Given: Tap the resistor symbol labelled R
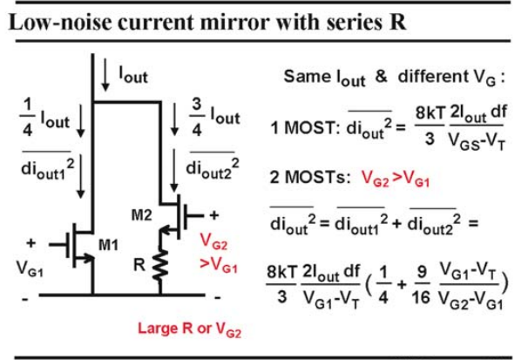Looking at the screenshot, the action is coord(160,264).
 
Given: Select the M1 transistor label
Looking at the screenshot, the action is coord(108,245).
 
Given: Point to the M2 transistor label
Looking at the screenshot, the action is coord(141,214).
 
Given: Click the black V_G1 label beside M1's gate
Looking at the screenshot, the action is coord(30,269).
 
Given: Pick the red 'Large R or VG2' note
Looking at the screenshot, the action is coord(190,329).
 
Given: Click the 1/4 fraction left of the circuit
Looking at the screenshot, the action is coord(27,118).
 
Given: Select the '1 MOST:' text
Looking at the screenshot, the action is coord(306,128).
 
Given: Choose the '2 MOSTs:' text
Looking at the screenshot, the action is coord(310,178).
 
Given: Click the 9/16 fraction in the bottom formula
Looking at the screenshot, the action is coord(421,285).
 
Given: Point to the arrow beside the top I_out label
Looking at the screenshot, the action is coord(105,75).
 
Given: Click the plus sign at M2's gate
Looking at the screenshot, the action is coord(214,215).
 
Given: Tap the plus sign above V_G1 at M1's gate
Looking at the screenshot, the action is coord(30,243).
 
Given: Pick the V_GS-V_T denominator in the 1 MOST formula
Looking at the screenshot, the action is coord(477,140).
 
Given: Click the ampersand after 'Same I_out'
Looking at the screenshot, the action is coord(381,77).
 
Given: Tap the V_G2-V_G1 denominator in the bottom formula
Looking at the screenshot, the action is coord(470,300).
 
